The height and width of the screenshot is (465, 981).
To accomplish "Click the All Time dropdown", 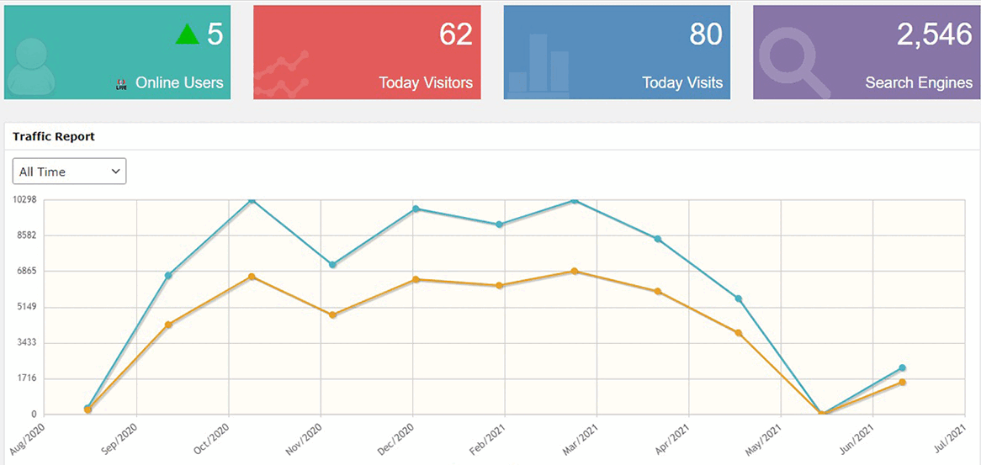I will [69, 172].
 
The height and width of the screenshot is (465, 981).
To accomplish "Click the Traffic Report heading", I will [54, 136].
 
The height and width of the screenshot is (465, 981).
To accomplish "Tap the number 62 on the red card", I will [455, 34].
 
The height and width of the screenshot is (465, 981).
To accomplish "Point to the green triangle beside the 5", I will [188, 34].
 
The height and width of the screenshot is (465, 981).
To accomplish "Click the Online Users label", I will [179, 82].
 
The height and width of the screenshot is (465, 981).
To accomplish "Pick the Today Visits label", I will [681, 82].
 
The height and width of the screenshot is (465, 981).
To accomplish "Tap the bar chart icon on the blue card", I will [538, 64].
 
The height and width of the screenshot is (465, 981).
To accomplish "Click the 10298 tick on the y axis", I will [24, 200].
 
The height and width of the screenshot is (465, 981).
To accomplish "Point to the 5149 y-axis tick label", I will [24, 307].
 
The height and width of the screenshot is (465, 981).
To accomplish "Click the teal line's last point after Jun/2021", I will [902, 367].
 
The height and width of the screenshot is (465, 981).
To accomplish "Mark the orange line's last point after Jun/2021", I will [902, 383].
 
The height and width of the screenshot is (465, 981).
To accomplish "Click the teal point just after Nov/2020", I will [333, 265].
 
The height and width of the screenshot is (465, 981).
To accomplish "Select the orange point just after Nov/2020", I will [333, 315].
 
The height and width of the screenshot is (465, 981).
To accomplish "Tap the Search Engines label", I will [919, 82].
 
